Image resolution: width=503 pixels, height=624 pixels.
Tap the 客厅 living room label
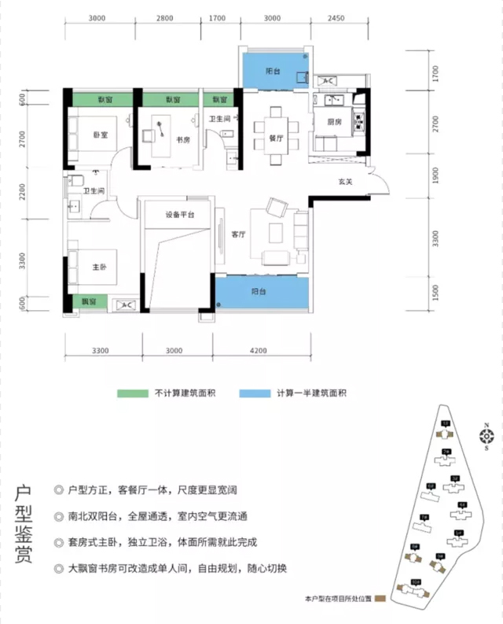coord(239,234)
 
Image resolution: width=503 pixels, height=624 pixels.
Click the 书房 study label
coord(183,140)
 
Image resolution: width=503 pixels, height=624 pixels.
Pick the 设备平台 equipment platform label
coord(180,214)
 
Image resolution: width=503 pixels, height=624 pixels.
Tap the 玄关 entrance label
coord(343,183)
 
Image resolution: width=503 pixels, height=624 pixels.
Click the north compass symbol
coord(486,438)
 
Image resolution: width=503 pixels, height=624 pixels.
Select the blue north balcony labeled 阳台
coord(274,71)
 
